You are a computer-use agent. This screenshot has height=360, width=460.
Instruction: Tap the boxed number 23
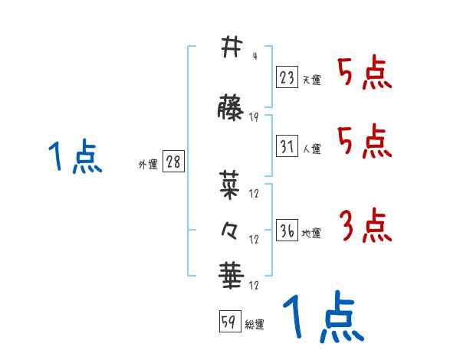pyautogui.click(x=287, y=77)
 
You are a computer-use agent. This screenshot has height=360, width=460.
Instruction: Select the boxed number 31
pyautogui.click(x=287, y=146)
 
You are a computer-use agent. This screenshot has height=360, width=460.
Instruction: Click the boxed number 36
pyautogui.click(x=287, y=231)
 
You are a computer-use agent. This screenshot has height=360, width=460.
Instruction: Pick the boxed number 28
pyautogui.click(x=173, y=162)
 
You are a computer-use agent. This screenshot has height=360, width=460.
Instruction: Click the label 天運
pyautogui.click(x=311, y=80)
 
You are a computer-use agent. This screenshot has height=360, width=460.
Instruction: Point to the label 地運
pyautogui.click(x=311, y=233)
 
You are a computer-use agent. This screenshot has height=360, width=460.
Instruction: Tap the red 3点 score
pyautogui.click(x=364, y=226)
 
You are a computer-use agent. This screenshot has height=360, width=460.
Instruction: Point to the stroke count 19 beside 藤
pyautogui.click(x=254, y=117)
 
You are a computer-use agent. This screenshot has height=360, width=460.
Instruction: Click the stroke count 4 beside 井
pyautogui.click(x=254, y=56)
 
